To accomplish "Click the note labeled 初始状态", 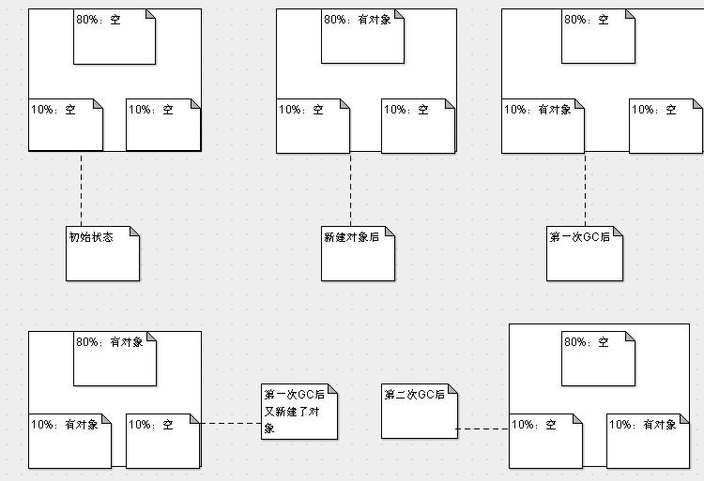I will click(x=102, y=252).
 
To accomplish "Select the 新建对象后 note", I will click(x=358, y=252).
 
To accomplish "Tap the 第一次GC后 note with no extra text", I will click(x=584, y=252).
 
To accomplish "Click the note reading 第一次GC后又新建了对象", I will click(x=298, y=411).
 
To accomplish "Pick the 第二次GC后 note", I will click(x=419, y=410).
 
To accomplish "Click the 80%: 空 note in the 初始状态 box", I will click(x=114, y=37).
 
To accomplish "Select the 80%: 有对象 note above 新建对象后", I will click(x=362, y=37).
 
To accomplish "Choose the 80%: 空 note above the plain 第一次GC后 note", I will click(x=598, y=37).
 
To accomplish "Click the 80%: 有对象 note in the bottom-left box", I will click(x=115, y=359).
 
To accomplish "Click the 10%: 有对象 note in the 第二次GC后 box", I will click(x=645, y=441).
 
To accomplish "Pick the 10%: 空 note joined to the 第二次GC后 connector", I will click(x=547, y=440).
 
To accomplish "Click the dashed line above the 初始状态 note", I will click(x=82, y=188).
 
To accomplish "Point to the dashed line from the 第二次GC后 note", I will click(x=482, y=428).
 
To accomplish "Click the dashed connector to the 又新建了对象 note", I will click(x=231, y=424).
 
